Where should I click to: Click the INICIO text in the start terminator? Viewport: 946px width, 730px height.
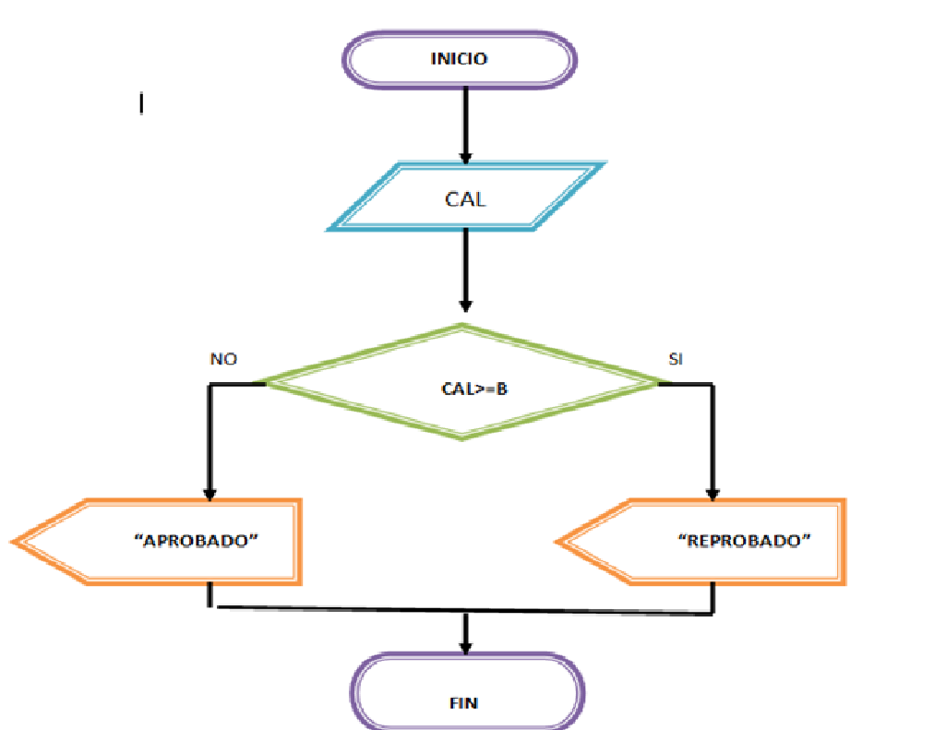coord(459,59)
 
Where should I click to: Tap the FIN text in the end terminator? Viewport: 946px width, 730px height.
coord(464,702)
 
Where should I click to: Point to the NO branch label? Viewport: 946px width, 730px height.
coord(223,359)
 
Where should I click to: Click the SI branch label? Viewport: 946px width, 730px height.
coord(676,359)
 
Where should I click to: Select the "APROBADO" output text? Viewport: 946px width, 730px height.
coord(195,541)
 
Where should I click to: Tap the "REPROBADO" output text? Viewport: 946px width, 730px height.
coord(744,541)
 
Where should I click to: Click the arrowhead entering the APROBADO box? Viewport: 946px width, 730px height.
coord(211,491)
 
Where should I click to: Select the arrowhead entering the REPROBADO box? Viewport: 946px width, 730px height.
coord(712,491)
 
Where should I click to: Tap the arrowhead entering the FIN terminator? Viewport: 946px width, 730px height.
coord(466,644)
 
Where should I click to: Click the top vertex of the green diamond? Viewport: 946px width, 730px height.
coord(462,325)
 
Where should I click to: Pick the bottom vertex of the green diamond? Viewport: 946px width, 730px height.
coord(462,437)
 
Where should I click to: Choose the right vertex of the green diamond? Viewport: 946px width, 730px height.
coord(658,381)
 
